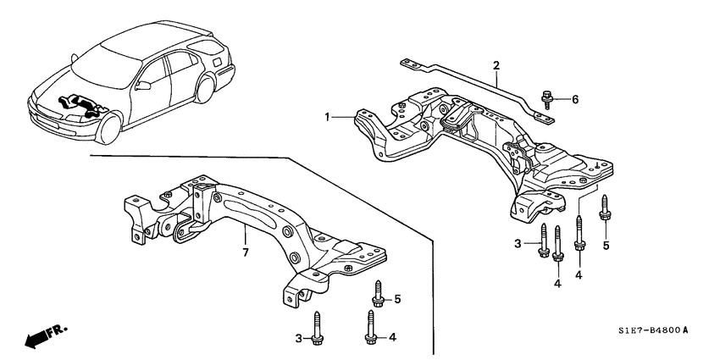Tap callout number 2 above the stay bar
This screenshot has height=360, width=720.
(496, 65)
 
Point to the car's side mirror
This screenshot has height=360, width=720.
(144, 85)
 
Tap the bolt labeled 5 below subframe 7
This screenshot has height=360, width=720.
(378, 297)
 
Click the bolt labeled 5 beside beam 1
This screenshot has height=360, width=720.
(606, 208)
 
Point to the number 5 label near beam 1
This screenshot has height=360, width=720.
(606, 246)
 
